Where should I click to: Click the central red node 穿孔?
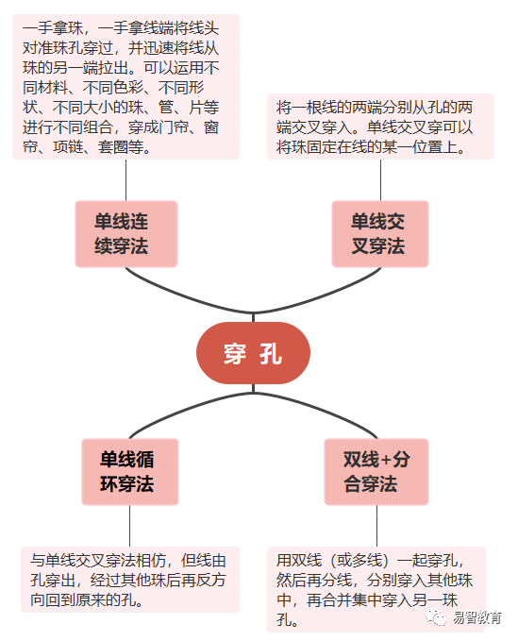(x=253, y=353)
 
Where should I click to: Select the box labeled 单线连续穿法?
(x=126, y=234)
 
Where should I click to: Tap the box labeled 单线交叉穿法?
(x=380, y=234)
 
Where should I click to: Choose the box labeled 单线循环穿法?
(x=130, y=472)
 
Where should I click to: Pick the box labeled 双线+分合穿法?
(x=376, y=472)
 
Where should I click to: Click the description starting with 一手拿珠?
(x=125, y=87)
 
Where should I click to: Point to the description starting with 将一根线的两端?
(x=380, y=127)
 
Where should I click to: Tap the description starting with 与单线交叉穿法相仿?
(x=130, y=580)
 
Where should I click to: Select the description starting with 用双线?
(x=376, y=589)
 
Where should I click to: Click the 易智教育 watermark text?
(x=476, y=617)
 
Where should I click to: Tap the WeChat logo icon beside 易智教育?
(x=436, y=617)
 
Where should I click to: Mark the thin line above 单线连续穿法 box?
(x=125, y=180)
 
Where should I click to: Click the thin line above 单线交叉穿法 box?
(x=381, y=180)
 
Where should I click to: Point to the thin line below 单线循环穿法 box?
(x=130, y=526)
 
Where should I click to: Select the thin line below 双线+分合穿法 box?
(x=376, y=526)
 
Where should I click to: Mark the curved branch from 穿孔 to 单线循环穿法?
(x=188, y=407)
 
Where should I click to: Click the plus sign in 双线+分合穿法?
(x=387, y=461)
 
